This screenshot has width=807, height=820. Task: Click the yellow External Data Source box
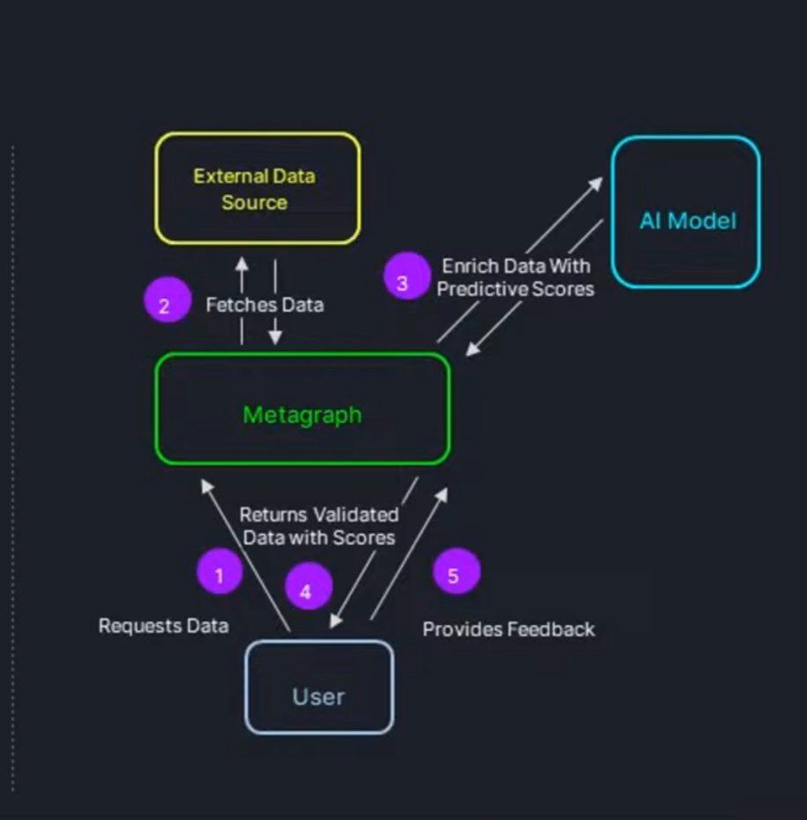coord(257,188)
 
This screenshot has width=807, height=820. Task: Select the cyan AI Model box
coord(685,212)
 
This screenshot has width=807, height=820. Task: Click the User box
coord(318,687)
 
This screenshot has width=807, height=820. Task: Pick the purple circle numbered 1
coord(219,576)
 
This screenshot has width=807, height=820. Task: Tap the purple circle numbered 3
coord(406,277)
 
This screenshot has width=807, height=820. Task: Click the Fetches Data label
coord(264,305)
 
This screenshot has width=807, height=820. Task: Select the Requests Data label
coord(163,626)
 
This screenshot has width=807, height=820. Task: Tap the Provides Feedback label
coord(508,629)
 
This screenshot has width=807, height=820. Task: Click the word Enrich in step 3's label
coord(468,266)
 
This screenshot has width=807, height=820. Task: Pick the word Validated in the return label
coord(358,515)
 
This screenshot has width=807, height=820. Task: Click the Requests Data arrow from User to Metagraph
coord(247,555)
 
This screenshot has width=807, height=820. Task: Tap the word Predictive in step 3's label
coord(472,288)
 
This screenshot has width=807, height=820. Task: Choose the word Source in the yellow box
coord(254,202)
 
